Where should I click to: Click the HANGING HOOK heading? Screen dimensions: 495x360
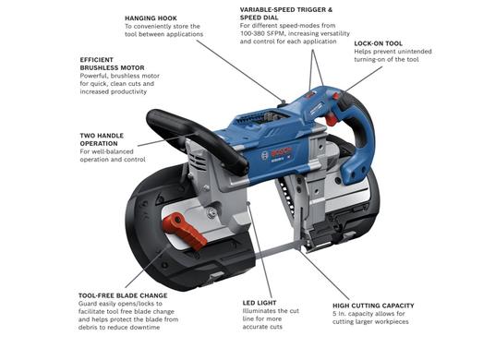tap(151, 18)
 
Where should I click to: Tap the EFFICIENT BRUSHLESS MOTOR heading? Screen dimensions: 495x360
tap(112, 64)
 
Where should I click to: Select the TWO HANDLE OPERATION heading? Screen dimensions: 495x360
tap(102, 139)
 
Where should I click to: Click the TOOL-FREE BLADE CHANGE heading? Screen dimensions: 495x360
tap(123, 295)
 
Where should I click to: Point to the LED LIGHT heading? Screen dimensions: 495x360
tap(260, 303)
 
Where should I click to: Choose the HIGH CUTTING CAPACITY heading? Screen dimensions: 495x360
tap(373, 306)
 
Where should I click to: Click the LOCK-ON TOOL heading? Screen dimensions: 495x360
tap(379, 43)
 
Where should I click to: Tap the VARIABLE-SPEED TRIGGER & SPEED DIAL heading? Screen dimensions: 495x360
tap(286, 14)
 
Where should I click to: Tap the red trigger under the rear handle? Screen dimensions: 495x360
tap(332, 119)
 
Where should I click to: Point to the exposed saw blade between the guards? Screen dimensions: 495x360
tap(278, 251)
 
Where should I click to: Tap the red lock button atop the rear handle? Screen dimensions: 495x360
tap(336, 95)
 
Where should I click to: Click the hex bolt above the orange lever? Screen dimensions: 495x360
tap(211, 213)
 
